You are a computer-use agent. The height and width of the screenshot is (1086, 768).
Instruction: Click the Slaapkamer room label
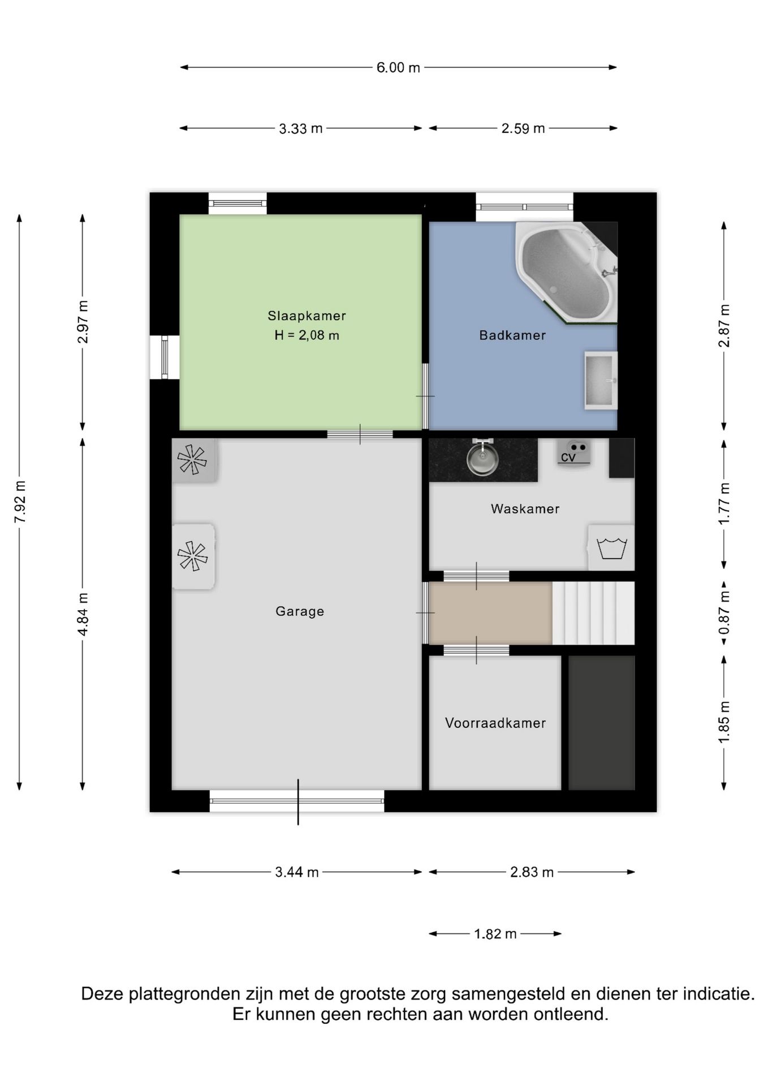(307, 316)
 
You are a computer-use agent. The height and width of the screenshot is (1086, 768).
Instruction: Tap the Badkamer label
(512, 335)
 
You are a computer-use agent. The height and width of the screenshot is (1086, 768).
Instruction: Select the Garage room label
(300, 611)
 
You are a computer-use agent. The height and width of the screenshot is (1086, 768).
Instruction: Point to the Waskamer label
(525, 509)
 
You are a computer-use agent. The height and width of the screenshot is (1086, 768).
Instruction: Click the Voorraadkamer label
(495, 723)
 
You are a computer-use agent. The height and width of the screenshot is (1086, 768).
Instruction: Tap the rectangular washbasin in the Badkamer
(601, 380)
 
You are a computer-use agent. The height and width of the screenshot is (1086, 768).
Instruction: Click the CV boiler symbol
(575, 453)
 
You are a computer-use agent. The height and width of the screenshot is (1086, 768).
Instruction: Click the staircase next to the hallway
(593, 613)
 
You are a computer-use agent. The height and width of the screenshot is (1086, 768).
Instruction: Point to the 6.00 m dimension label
(399, 67)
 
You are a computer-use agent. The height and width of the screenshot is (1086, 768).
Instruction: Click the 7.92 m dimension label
(20, 502)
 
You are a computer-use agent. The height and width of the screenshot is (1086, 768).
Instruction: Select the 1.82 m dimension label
(495, 934)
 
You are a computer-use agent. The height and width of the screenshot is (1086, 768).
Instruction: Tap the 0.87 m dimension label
(724, 613)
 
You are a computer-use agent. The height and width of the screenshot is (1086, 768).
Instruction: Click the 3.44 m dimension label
(297, 872)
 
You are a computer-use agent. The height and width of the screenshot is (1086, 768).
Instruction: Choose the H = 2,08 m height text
(307, 335)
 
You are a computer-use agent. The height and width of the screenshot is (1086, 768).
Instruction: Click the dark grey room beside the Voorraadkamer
(601, 723)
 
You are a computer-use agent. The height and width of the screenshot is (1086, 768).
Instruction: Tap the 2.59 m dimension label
(523, 128)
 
